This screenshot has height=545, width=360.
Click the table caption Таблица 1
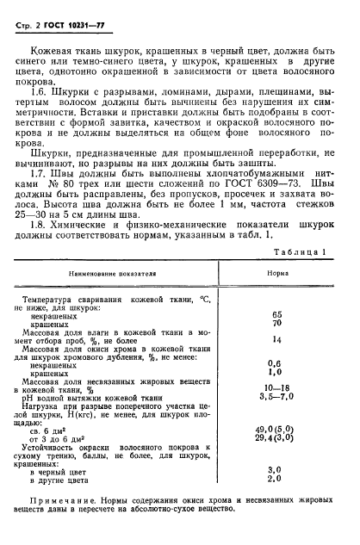298,276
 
